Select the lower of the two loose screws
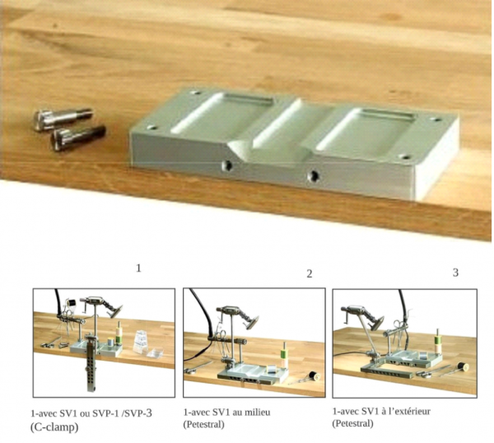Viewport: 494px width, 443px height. click(x=78, y=137)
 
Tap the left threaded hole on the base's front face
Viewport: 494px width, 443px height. click(x=226, y=166)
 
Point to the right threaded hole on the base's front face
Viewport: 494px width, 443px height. click(x=313, y=175)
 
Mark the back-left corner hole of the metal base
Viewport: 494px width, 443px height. click(x=195, y=93)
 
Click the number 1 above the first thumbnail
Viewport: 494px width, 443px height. click(x=138, y=268)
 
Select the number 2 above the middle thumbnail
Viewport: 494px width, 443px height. click(x=310, y=274)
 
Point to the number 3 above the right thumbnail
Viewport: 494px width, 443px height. click(x=455, y=273)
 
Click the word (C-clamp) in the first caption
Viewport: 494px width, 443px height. click(x=54, y=427)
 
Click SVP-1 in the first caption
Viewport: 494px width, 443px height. click(x=106, y=413)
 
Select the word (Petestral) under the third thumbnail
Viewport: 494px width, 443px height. click(x=353, y=423)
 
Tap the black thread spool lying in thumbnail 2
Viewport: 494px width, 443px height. click(x=315, y=375)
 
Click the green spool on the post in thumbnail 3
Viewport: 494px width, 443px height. click(x=438, y=341)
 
